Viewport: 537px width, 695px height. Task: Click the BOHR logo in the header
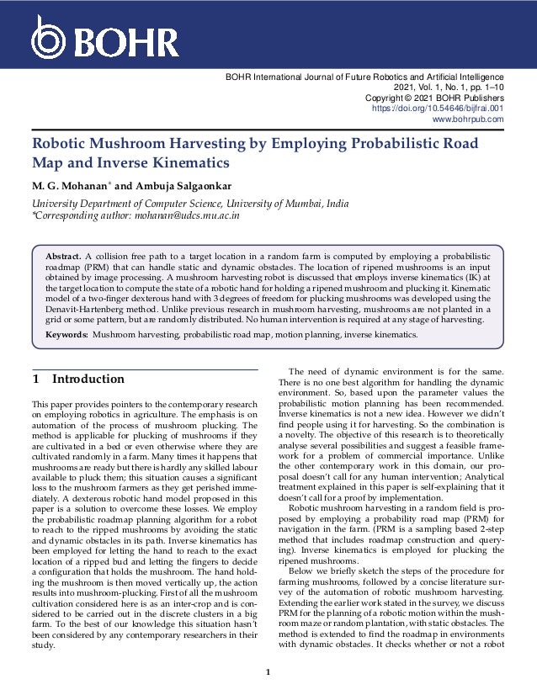click(x=104, y=38)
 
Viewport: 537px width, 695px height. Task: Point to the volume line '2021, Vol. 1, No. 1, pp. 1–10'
click(x=449, y=87)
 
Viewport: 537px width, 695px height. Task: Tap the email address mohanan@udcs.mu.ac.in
click(x=189, y=215)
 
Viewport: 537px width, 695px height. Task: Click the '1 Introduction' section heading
click(x=77, y=379)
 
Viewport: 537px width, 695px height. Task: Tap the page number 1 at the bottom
click(x=268, y=672)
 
